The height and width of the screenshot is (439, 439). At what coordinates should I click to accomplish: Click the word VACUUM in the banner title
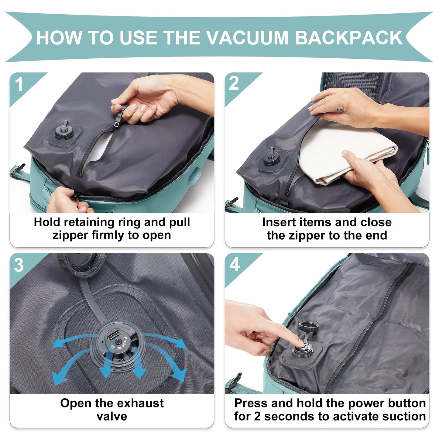click(247, 38)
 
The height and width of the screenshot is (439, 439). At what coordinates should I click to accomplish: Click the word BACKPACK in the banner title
click(348, 38)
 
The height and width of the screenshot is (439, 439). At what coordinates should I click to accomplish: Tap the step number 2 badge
click(234, 83)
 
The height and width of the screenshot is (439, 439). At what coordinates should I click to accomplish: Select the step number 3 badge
click(19, 265)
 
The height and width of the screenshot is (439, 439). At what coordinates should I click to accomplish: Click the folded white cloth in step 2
click(343, 155)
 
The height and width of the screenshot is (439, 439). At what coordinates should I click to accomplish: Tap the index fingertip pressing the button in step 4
click(301, 343)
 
